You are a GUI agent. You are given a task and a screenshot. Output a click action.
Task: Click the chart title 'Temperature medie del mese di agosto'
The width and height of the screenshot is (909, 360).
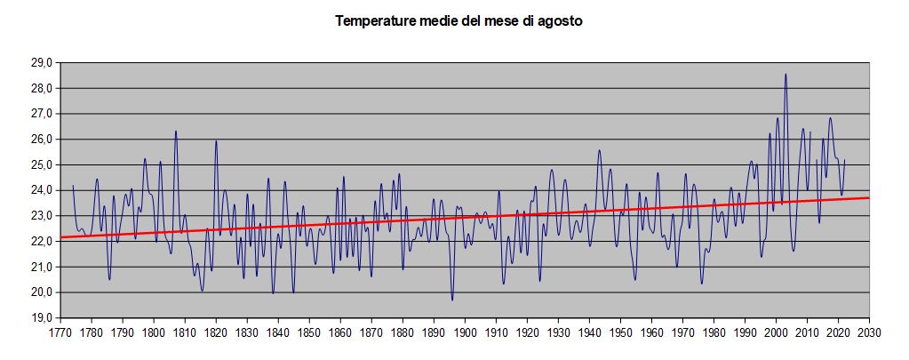[x=458, y=20]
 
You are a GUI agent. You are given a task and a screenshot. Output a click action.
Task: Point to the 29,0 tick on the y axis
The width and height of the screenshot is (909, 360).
[x=42, y=63]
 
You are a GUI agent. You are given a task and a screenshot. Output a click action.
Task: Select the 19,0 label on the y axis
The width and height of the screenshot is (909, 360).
[x=42, y=317]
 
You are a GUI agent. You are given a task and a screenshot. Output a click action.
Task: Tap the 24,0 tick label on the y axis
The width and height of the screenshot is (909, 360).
[x=42, y=190]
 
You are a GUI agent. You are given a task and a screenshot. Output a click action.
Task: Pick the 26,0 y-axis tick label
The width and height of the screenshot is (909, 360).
[x=42, y=140]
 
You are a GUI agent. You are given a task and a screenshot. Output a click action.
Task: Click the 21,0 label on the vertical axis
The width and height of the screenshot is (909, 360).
[x=42, y=267]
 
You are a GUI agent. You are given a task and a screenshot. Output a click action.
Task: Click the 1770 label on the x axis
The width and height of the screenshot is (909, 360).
[x=60, y=333]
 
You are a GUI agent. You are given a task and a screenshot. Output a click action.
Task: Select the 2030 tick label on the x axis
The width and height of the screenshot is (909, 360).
[x=869, y=333]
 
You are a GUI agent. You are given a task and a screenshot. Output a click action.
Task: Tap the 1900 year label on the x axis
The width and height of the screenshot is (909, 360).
[x=465, y=333]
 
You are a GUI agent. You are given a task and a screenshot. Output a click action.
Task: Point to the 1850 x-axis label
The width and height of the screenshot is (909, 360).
[x=309, y=333]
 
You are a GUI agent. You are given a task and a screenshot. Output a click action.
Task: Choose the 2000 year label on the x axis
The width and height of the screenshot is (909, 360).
[x=776, y=333]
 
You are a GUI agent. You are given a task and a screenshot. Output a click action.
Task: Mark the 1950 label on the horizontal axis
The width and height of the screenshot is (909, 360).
[x=620, y=333]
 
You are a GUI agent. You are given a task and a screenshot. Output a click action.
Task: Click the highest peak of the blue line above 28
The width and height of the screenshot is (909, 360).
[x=785, y=75]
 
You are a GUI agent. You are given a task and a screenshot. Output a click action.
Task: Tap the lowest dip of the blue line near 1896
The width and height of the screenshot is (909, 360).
[x=452, y=300]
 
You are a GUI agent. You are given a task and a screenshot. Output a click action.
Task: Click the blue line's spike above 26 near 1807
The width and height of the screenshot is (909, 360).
[x=176, y=132]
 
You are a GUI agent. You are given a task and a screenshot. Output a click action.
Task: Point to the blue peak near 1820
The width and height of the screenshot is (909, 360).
[x=216, y=140]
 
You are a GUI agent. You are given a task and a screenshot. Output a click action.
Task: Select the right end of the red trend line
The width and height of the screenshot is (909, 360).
[x=868, y=197]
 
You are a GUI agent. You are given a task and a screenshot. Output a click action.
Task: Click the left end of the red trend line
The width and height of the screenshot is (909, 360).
[x=61, y=237]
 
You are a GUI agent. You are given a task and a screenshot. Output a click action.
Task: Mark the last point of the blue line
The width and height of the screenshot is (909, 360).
[x=844, y=161]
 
